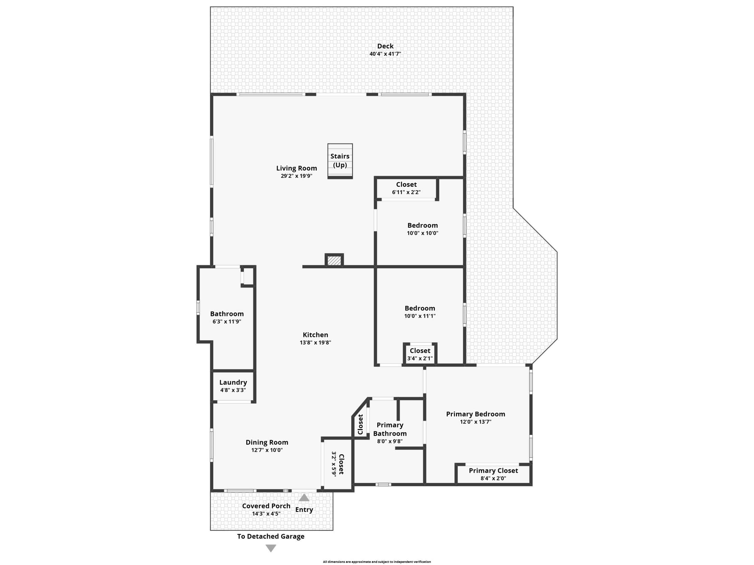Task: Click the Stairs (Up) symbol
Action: click(x=340, y=161)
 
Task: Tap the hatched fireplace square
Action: click(x=334, y=261)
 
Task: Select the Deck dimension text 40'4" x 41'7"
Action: click(x=385, y=54)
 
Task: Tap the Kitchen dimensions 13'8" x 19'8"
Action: click(x=315, y=343)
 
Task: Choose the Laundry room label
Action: click(x=233, y=382)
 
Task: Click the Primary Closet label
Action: click(x=493, y=470)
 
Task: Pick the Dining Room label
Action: click(x=267, y=442)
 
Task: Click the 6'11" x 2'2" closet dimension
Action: click(x=406, y=192)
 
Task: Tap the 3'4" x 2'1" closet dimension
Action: click(x=420, y=358)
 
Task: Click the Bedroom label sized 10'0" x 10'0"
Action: click(x=423, y=225)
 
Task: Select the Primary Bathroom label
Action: click(x=390, y=429)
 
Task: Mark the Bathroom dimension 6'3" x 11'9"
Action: click(x=227, y=321)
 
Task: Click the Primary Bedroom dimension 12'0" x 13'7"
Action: click(x=475, y=422)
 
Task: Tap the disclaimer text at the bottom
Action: click(x=377, y=562)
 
